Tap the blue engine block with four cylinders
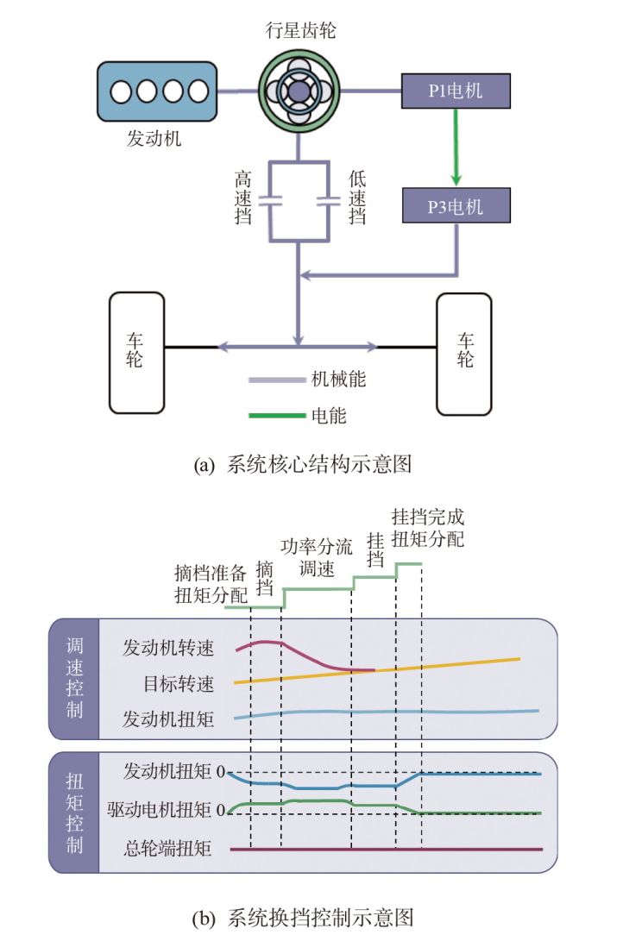pyautogui.click(x=157, y=90)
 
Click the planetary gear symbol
pyautogui.click(x=298, y=90)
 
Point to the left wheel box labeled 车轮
pyautogui.click(x=135, y=352)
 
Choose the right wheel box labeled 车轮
pyautogui.click(x=464, y=352)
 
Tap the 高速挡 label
pyautogui.click(x=244, y=198)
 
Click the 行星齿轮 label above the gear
pyautogui.click(x=299, y=32)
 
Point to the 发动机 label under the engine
pyautogui.click(x=154, y=138)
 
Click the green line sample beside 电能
pyautogui.click(x=275, y=416)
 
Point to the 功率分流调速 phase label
pyautogui.click(x=317, y=557)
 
